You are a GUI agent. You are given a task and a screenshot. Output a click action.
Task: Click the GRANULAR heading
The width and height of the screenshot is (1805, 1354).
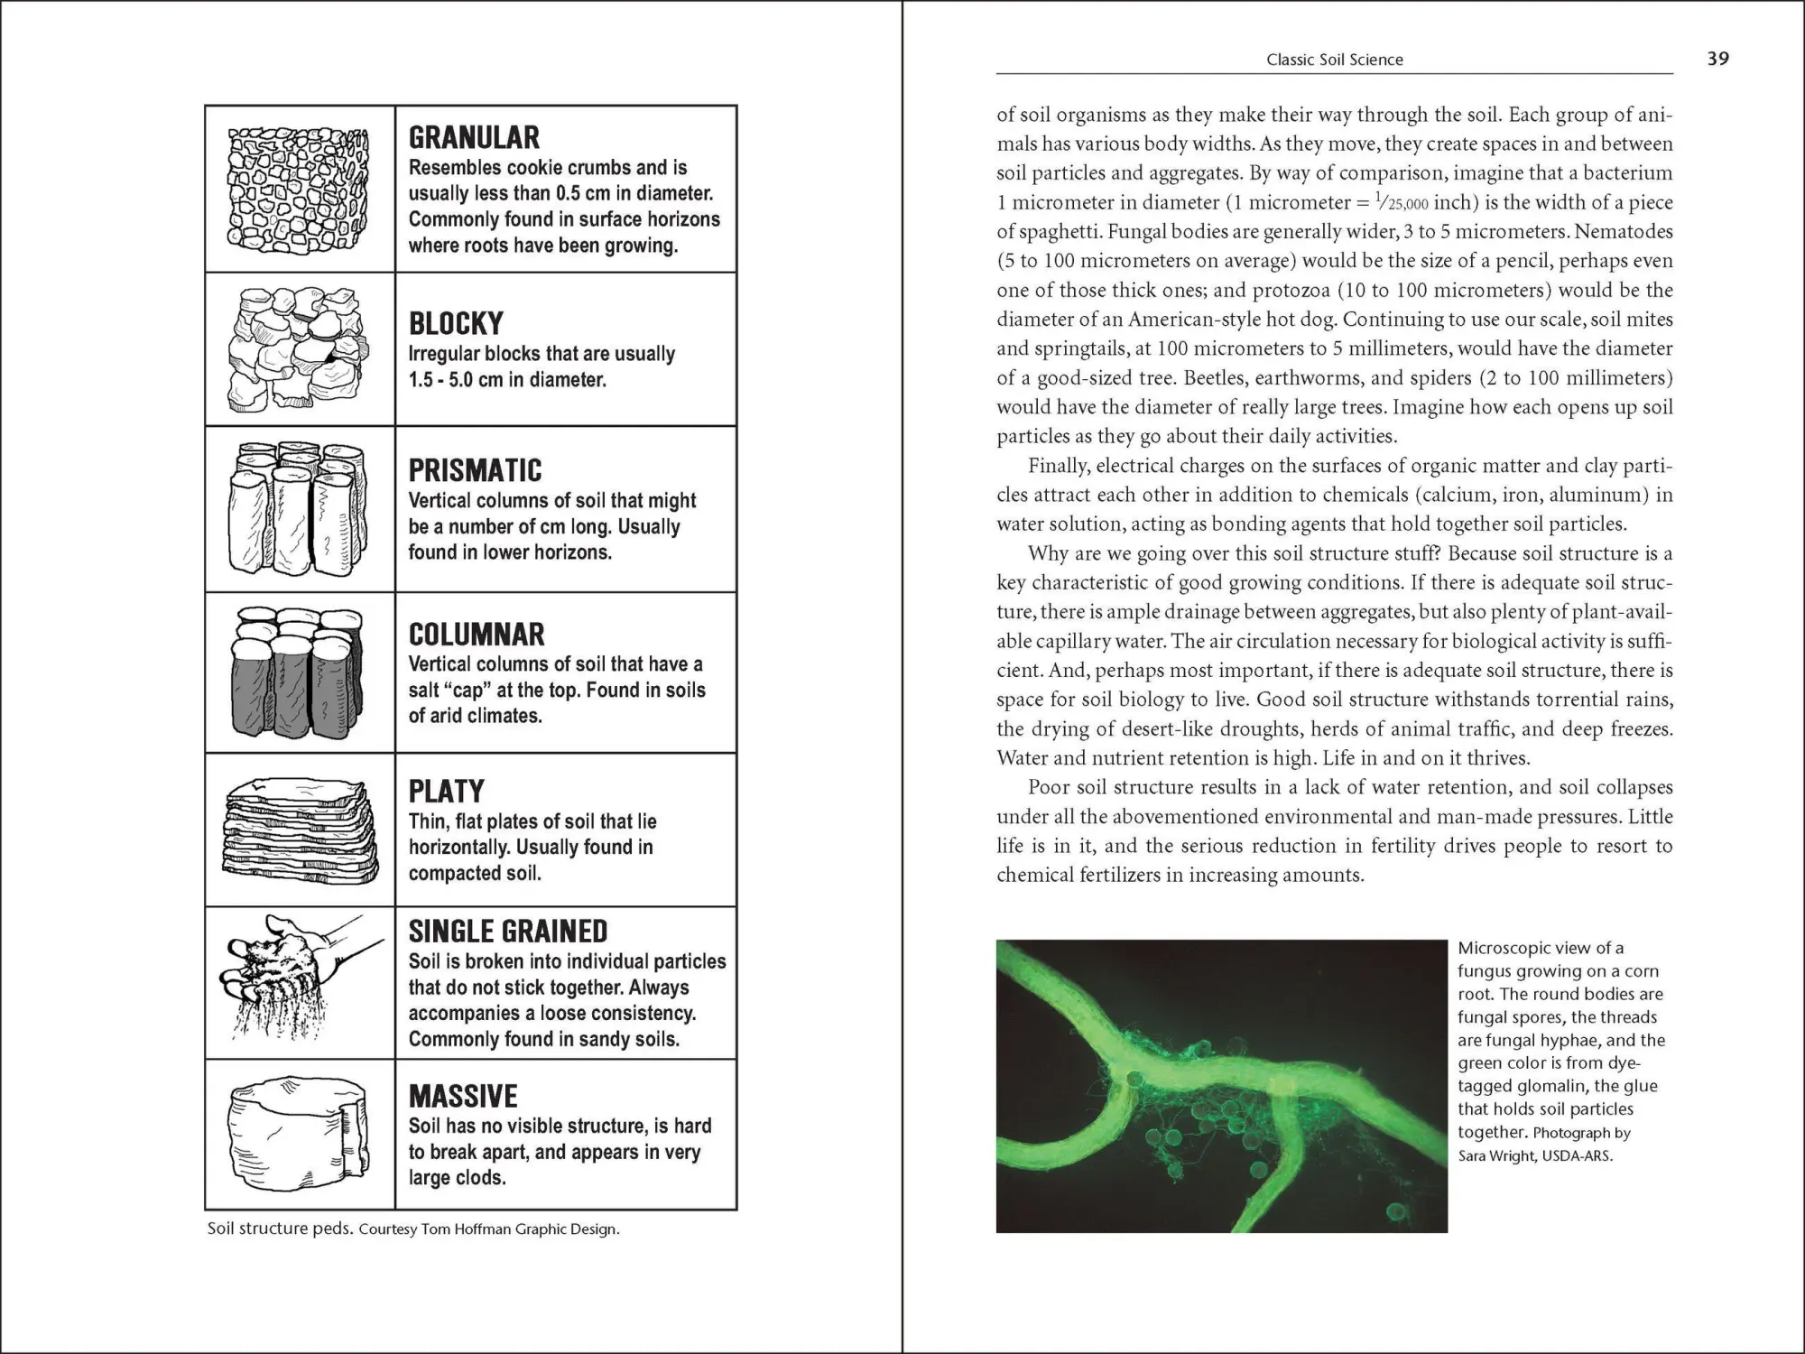[x=474, y=137]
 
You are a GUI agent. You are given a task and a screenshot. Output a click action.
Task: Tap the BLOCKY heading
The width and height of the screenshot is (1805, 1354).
[x=456, y=323]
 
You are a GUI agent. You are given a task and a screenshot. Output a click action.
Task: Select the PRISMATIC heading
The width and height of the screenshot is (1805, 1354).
[x=475, y=470]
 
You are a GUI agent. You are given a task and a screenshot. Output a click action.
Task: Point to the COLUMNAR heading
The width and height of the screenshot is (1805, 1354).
[x=477, y=635]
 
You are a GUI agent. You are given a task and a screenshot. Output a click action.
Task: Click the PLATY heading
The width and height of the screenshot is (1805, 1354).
[x=446, y=792]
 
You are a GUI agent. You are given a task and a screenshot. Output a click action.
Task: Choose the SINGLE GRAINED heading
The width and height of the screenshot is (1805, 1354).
[x=507, y=932]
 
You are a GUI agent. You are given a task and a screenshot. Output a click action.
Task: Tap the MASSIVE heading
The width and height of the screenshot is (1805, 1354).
[x=463, y=1097]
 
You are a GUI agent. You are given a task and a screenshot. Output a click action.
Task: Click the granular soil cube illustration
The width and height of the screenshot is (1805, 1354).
[x=299, y=191]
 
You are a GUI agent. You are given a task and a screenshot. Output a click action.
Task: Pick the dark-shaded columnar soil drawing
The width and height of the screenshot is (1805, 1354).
[x=299, y=673]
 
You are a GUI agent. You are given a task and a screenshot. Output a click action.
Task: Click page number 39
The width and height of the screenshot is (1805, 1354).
[x=1717, y=59]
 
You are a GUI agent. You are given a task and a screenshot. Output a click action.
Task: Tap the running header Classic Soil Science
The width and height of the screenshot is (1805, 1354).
[x=1334, y=60]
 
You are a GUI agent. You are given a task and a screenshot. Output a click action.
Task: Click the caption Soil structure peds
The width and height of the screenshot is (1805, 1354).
[x=279, y=1229]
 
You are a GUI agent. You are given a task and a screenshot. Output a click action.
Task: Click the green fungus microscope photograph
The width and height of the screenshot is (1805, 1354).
[x=1221, y=1086]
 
